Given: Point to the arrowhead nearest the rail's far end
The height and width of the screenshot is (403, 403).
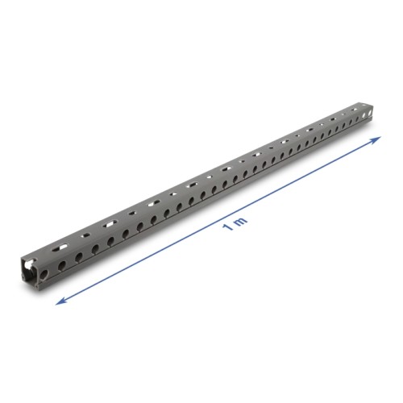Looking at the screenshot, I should pos(379,139).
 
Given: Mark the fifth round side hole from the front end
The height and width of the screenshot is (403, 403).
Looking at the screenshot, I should pos(110,232).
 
